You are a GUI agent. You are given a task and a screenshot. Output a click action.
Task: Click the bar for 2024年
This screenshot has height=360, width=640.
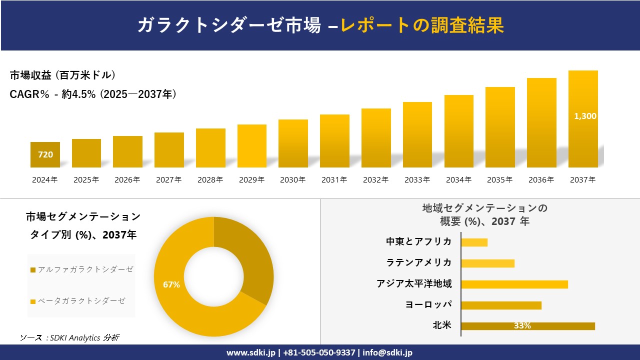45,154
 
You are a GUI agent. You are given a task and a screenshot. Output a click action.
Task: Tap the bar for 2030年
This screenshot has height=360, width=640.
293,143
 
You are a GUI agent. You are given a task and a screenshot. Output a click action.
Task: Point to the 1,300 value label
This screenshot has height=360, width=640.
585,116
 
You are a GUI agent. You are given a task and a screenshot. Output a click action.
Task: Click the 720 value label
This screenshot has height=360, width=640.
45,154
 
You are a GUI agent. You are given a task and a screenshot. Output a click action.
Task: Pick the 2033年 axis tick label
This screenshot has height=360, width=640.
417,180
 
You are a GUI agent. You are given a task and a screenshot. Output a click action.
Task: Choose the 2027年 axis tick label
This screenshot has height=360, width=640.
169,180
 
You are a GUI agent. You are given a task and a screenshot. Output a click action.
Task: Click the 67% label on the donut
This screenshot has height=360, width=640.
171,284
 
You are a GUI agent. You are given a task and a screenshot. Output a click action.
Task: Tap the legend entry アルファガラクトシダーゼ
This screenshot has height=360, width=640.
82,269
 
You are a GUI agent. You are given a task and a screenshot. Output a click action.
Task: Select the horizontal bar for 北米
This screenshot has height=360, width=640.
527,326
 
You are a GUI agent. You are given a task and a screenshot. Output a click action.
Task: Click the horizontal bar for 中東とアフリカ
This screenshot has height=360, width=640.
474,242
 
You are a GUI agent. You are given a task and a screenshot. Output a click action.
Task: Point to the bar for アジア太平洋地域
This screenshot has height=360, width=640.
514,284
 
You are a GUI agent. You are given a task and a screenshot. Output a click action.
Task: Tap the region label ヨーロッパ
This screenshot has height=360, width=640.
428,304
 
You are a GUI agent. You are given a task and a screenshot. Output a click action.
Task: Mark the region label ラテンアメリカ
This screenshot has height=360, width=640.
419,262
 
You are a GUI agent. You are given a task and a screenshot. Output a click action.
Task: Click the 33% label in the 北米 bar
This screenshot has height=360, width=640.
522,326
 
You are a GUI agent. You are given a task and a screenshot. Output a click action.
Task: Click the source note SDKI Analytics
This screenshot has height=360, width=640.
70,337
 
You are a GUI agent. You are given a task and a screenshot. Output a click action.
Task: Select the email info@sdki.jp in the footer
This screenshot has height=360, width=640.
387,352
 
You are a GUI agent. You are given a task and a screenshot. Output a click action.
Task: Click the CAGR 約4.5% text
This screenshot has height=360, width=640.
93,94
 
